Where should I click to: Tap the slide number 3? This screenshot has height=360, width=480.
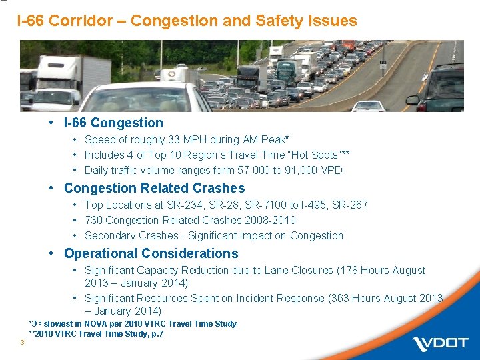(x=23, y=343)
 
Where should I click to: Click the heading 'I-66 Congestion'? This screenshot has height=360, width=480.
(x=113, y=123)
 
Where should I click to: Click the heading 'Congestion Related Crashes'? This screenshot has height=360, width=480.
(x=154, y=188)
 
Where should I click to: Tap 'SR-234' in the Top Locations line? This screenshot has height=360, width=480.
(x=194, y=205)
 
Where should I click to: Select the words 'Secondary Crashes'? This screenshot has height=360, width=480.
(x=127, y=235)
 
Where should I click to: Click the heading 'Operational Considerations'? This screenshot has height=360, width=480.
(x=151, y=253)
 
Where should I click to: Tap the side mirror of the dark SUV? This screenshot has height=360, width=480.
(x=413, y=100)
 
